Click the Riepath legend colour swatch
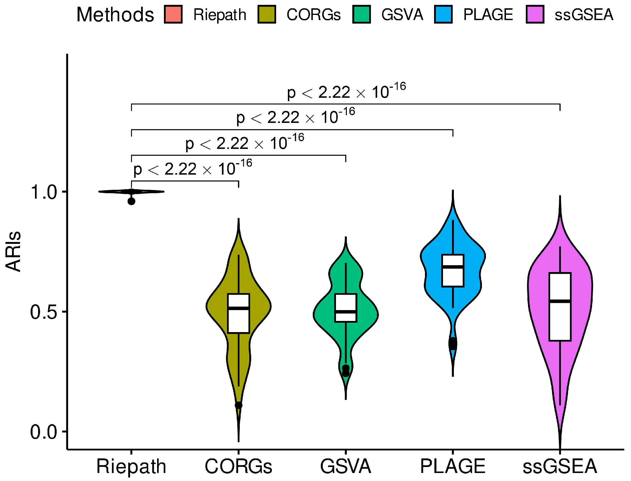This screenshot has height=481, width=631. pos(173,14)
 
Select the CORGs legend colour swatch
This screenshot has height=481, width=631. pos(267,14)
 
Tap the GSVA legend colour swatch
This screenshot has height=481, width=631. pos(361,14)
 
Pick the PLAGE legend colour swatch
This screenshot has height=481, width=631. pos(443,14)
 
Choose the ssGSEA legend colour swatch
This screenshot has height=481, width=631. pos(535,14)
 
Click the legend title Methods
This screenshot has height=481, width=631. pos(115,15)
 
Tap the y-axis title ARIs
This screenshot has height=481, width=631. pos(13,252)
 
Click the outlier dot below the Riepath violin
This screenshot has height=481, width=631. pos(131,201)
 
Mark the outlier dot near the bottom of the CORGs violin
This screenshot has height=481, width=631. pos(239,405)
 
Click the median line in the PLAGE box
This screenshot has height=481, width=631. pos(453,267)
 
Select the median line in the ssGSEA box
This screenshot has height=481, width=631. pos(560,301)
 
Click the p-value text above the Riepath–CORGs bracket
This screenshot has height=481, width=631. pos(193,168)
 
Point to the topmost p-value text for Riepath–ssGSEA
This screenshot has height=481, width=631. pos(346,92)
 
